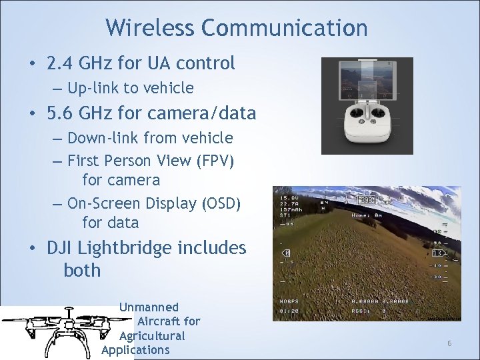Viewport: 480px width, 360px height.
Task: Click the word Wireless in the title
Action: (x=150, y=28)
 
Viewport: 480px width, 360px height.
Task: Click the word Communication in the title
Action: (x=285, y=28)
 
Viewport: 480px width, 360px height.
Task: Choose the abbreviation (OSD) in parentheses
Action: (x=220, y=203)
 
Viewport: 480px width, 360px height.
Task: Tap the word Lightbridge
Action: (x=126, y=248)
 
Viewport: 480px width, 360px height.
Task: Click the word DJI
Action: (x=59, y=248)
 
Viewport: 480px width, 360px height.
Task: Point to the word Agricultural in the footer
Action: (x=152, y=335)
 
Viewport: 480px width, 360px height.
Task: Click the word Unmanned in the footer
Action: (x=149, y=307)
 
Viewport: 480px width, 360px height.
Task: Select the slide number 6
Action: (x=449, y=343)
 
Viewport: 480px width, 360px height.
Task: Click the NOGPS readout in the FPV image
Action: (x=289, y=301)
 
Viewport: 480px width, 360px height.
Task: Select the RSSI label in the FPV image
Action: (x=361, y=310)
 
